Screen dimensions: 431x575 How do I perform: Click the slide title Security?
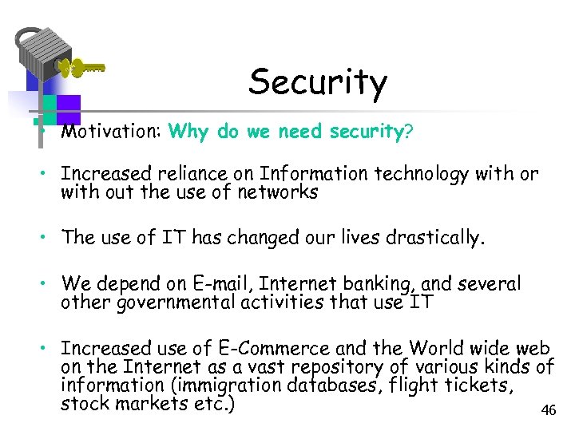pos(317,82)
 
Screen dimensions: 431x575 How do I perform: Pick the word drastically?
pos(442,238)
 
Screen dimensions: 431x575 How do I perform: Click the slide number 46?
pos(548,410)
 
